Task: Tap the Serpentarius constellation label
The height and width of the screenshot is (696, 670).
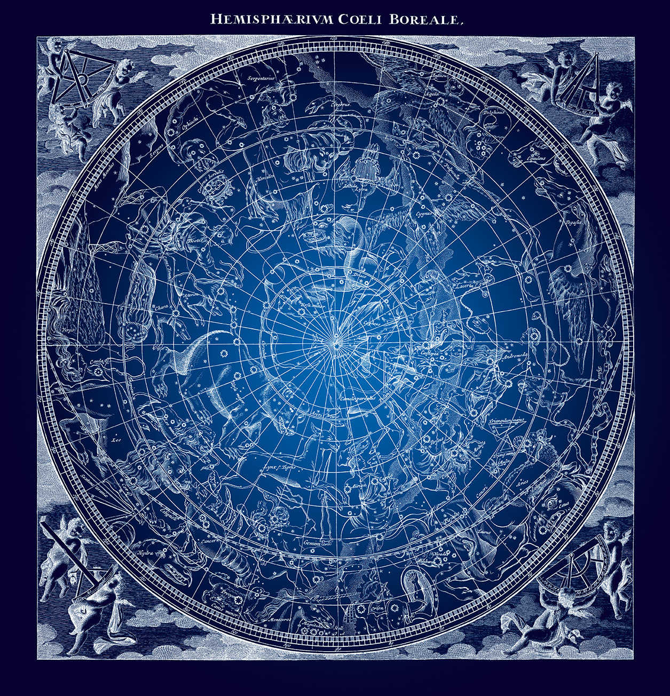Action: (260, 78)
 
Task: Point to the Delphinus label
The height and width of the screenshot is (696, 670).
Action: (494, 113)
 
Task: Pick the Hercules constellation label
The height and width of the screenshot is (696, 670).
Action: (265, 178)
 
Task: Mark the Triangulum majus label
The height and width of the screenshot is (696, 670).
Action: (507, 420)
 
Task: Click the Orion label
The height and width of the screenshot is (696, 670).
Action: (378, 608)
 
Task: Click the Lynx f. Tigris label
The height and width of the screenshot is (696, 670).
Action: (276, 468)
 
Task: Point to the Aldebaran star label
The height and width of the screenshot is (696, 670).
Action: (427, 561)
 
